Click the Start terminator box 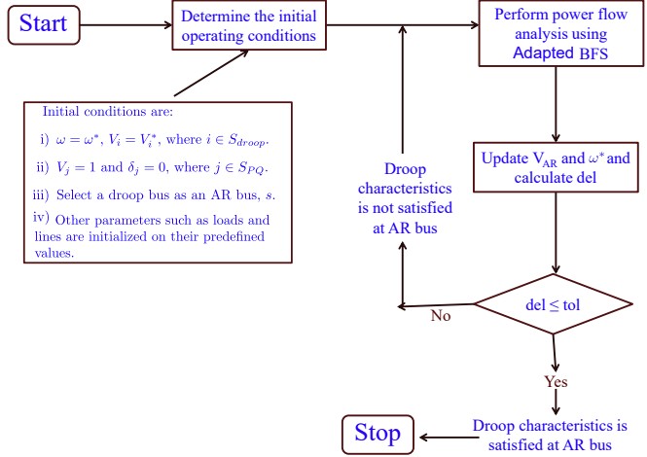click(44, 23)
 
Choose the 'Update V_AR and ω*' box click(555, 167)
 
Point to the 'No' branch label click(442, 316)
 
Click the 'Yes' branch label click(557, 381)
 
